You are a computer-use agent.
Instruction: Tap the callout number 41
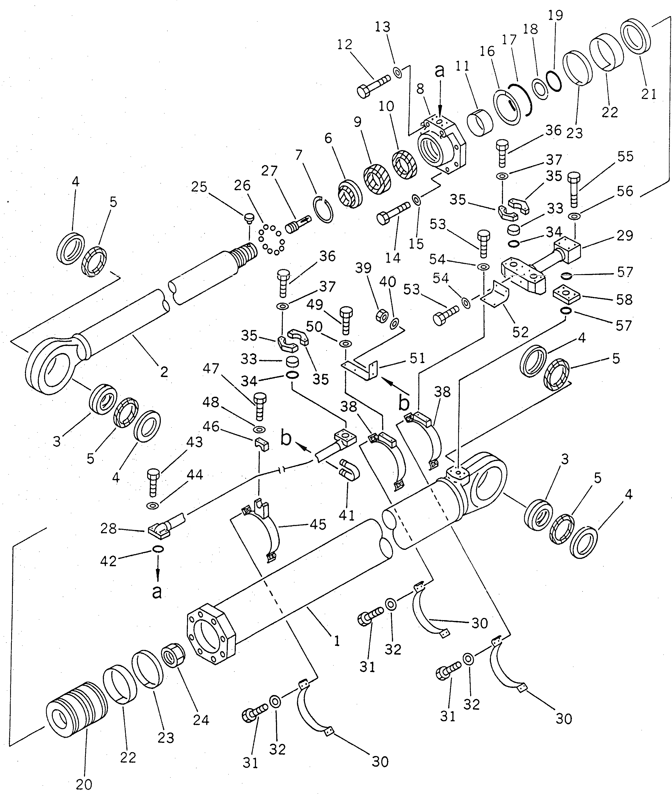click(347, 515)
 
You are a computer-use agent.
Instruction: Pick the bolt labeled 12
click(373, 86)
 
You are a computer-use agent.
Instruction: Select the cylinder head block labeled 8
click(442, 147)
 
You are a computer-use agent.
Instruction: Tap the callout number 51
click(417, 358)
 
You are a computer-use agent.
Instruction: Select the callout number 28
click(108, 529)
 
